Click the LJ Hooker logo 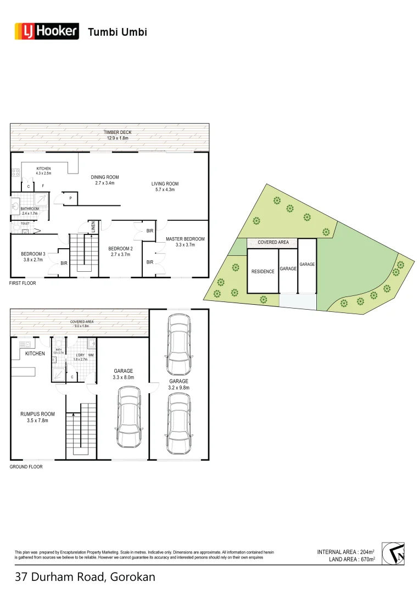click(x=47, y=32)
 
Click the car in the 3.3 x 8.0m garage click(x=130, y=419)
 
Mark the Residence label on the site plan click(x=262, y=271)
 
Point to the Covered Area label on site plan click(x=273, y=242)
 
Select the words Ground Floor click(x=26, y=467)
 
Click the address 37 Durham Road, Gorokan click(x=85, y=577)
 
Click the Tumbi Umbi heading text click(x=118, y=32)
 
